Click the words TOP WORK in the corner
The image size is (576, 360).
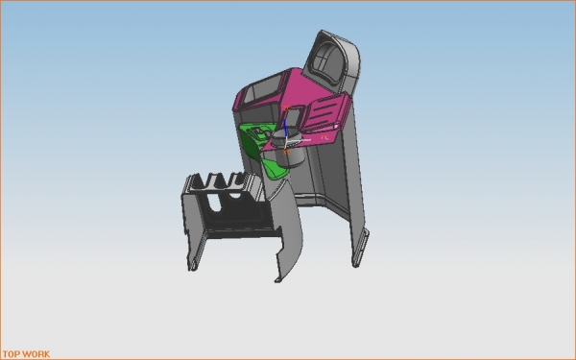coord(27,354)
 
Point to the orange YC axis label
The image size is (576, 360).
coord(324,137)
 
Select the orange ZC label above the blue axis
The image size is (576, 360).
coord(287,108)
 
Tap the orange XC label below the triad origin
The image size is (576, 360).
coord(287,152)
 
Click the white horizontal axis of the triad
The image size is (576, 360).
coord(299,140)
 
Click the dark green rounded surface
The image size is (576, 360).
coord(250,143)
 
